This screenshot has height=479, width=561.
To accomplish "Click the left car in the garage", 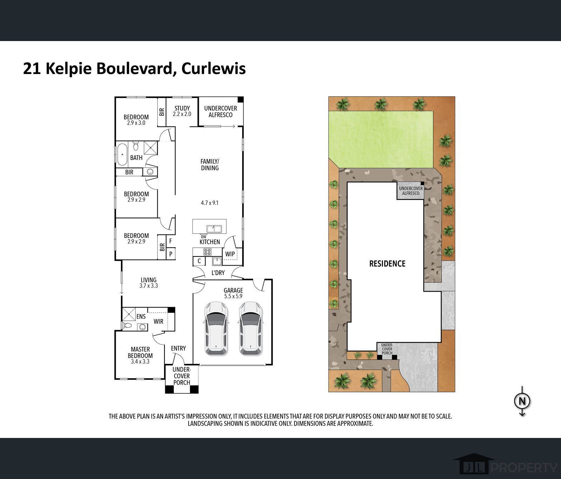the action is pos(216,328).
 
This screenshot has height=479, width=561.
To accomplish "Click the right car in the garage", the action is pos(251,328).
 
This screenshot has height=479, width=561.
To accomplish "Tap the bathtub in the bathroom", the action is pos(122,154).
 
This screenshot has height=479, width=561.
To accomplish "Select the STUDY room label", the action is pos(182,111).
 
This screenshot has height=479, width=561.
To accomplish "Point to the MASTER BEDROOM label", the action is pos(140,355).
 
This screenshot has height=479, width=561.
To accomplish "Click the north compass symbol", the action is pos(522,401).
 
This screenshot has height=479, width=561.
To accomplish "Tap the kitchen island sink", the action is pos(214,229).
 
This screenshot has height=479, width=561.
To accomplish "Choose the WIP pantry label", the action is pos(230,254).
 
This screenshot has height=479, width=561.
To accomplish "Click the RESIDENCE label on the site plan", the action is pos(387,264).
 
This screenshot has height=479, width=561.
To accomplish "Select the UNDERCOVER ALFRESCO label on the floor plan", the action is pos(221,112).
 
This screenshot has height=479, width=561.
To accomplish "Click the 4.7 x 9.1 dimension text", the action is pos(210,203).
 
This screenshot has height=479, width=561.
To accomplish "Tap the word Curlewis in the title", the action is pos(214,68).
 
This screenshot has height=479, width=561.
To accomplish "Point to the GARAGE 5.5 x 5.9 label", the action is pos(233,293).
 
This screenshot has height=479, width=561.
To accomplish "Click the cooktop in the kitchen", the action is pos(208,252).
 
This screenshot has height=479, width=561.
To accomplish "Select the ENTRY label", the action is pos(178,348).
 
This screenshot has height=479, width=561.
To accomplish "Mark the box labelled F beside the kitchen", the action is pos(171,241).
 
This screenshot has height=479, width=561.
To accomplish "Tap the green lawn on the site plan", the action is pos(381,139).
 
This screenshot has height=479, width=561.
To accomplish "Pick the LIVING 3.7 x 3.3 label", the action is pos(149,283).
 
